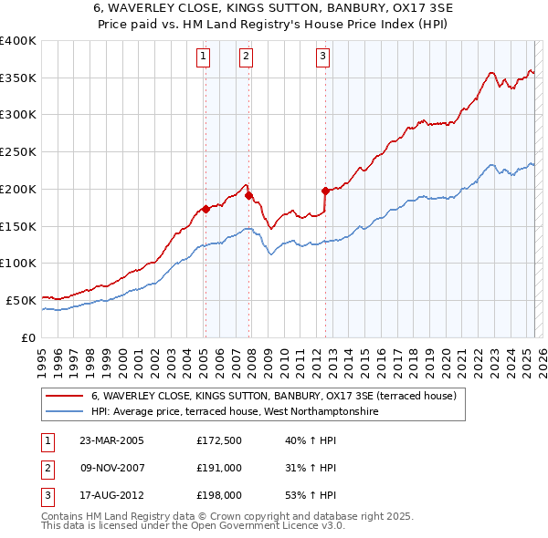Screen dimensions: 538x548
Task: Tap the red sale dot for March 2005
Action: (x=205, y=209)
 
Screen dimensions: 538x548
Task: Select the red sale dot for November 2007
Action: (x=248, y=195)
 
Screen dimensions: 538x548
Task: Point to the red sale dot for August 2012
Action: (x=325, y=191)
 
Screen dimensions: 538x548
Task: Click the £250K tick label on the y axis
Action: (x=18, y=152)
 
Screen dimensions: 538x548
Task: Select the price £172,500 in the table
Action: (x=219, y=441)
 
